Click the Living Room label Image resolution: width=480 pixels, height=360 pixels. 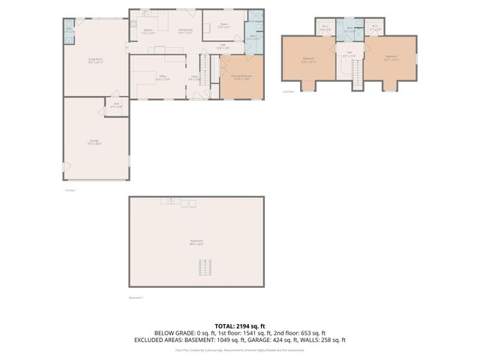(94, 60)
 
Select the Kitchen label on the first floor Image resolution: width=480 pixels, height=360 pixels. (148, 31)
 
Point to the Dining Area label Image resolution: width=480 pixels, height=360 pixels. (185, 31)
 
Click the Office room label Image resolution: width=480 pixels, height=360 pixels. (161, 77)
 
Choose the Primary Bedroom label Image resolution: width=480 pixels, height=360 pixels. (241, 77)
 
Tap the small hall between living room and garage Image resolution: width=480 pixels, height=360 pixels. (116, 105)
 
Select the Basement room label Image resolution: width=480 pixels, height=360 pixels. (196, 242)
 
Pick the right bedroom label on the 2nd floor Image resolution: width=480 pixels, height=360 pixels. (391, 57)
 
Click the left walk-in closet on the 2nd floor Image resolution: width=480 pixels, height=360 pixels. (325, 28)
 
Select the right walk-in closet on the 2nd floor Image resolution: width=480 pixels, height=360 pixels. (376, 29)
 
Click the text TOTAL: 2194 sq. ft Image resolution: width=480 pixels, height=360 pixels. (239, 325)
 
